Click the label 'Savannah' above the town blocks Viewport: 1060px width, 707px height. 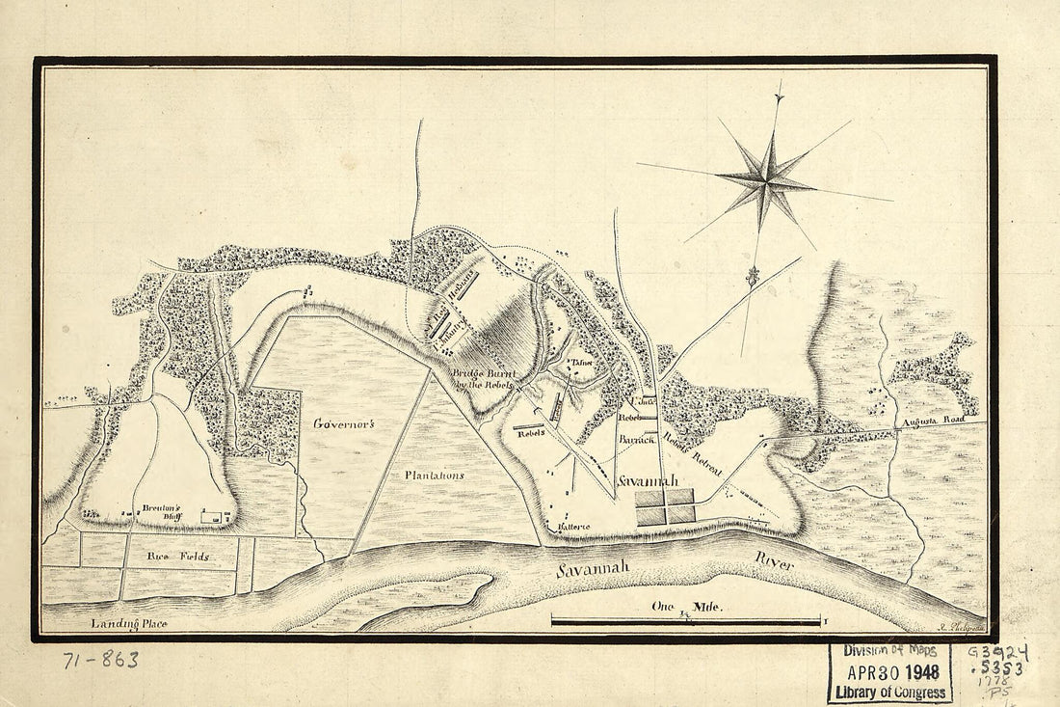(648, 480)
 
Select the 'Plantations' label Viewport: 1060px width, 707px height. (434, 475)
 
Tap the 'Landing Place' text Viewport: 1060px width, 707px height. (129, 624)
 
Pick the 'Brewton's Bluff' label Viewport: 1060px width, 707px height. (162, 511)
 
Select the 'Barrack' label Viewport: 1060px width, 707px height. (637, 438)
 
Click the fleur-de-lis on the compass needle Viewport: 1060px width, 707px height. (753, 277)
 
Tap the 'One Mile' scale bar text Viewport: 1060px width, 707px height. (686, 608)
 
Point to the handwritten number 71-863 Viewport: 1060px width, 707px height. (100, 661)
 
